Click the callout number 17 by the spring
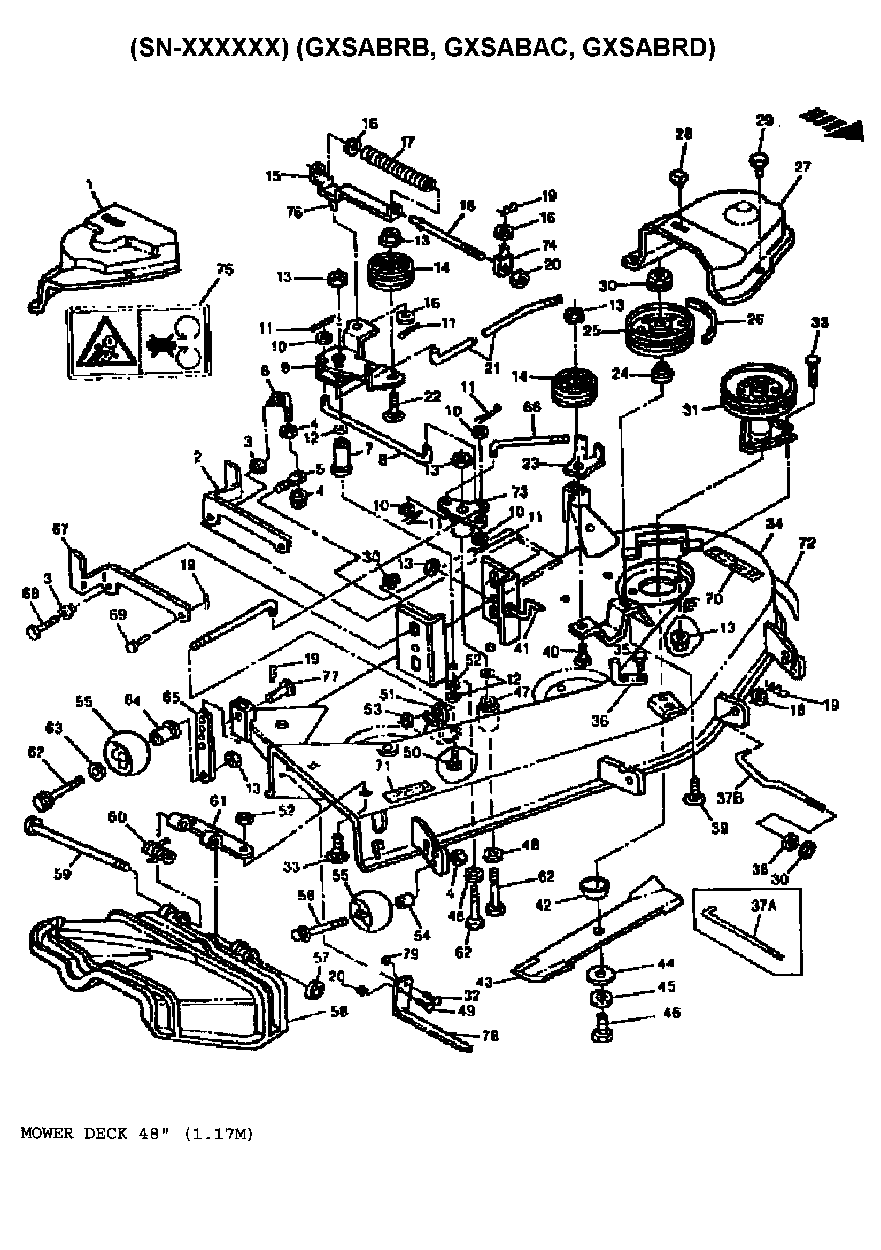(x=407, y=143)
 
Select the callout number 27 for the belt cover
(x=802, y=167)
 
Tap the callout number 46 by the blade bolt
(x=672, y=1013)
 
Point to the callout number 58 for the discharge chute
(x=338, y=1012)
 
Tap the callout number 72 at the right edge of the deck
(x=807, y=543)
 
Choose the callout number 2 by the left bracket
(x=198, y=457)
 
